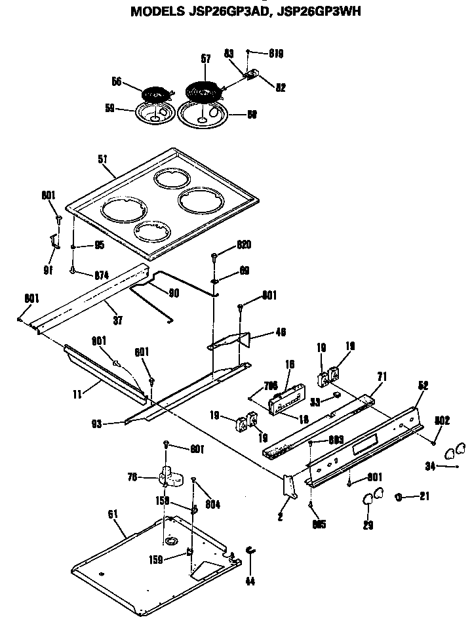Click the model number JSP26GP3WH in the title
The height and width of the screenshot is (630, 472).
tap(317, 11)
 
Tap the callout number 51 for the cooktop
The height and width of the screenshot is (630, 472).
tap(102, 159)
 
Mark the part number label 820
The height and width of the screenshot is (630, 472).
tap(243, 245)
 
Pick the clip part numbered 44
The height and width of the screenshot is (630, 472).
tap(250, 551)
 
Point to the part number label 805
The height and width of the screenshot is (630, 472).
tap(319, 524)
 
